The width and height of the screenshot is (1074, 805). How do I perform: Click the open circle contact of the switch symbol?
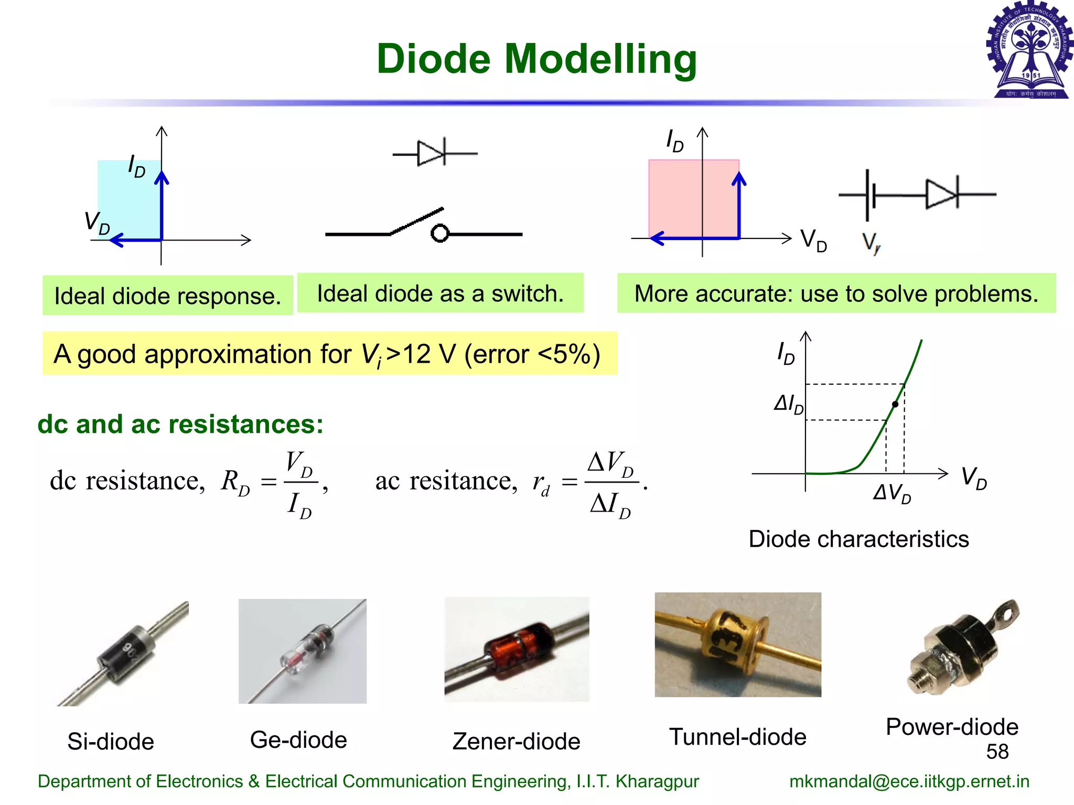coord(440,233)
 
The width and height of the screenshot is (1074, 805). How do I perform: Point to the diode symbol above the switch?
coord(433,154)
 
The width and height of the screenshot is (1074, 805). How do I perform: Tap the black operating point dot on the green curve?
coord(895,404)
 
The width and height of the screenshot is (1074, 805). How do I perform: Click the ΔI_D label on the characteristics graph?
coord(788,404)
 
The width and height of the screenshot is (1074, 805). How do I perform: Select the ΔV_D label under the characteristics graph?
coord(892,493)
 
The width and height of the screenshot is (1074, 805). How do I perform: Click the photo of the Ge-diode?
coord(303,651)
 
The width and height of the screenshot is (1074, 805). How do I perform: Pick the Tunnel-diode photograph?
coord(738,645)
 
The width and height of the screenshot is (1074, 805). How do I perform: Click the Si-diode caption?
coord(111,742)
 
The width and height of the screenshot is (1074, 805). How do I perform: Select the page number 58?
coord(997,752)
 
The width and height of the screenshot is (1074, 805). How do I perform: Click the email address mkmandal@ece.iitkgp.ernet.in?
coord(909,781)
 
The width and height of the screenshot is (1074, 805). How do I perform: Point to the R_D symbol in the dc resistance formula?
coord(235,482)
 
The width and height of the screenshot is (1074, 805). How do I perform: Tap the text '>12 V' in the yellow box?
coord(420,354)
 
